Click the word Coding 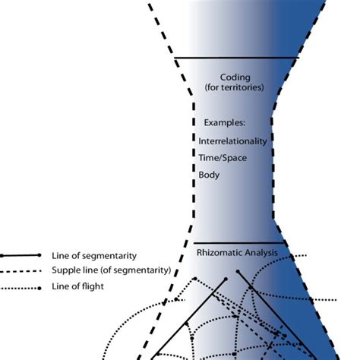[x=235, y=77]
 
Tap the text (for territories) [x=235, y=88]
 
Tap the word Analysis [x=260, y=252]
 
